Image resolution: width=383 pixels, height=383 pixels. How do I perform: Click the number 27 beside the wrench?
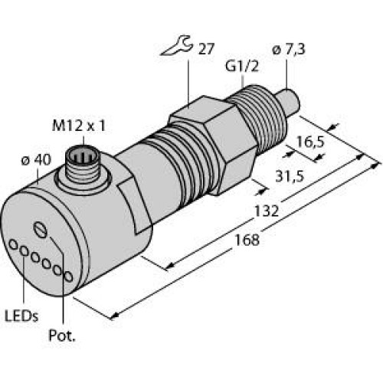(x=205, y=52)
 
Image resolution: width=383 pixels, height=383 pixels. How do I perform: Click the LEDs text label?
(x=22, y=316)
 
